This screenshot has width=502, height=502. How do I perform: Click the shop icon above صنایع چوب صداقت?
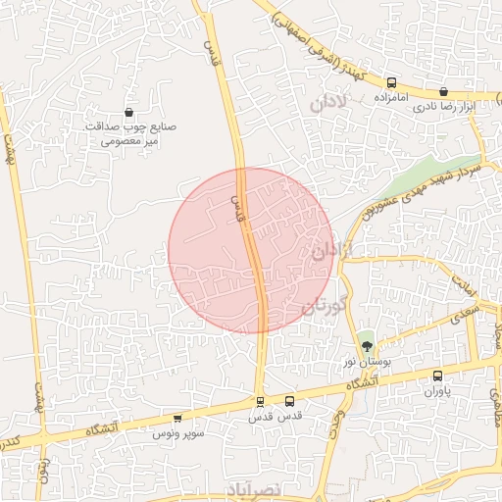coord(129,113)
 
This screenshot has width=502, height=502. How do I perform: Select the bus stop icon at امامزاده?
coord(392,83)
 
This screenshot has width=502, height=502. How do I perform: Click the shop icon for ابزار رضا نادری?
coord(443,91)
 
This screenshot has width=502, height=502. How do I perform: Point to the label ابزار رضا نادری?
coord(443,106)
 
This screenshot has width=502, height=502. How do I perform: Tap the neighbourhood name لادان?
coord(329,102)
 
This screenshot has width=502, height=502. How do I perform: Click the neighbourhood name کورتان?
coord(326,303)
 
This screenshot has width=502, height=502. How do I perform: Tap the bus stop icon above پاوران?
coord(437,375)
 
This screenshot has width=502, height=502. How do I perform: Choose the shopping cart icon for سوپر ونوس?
coord(177,419)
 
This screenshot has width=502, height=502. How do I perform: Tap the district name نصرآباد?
coord(259,489)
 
